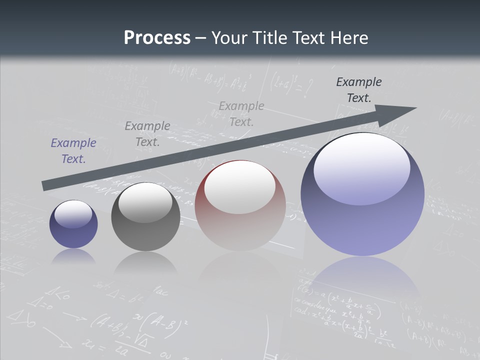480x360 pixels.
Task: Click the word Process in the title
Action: (157, 38)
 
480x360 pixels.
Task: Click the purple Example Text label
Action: (73, 151)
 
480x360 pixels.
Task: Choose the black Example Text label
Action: (359, 90)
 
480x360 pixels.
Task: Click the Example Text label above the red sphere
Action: (241, 113)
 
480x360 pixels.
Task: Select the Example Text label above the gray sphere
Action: (147, 134)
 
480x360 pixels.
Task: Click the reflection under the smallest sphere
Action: (73, 256)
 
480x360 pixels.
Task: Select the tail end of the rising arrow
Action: (46, 185)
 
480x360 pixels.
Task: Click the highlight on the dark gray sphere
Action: (145, 202)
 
